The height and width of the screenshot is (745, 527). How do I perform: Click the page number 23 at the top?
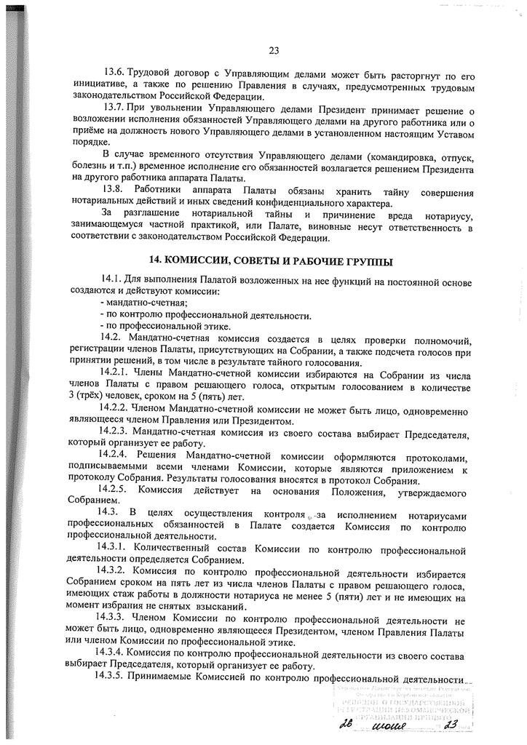click(x=274, y=50)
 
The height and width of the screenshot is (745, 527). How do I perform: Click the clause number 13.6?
click(x=114, y=73)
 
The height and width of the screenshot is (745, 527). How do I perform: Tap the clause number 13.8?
click(x=114, y=191)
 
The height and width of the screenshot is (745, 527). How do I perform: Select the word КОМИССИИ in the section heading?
click(x=192, y=260)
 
